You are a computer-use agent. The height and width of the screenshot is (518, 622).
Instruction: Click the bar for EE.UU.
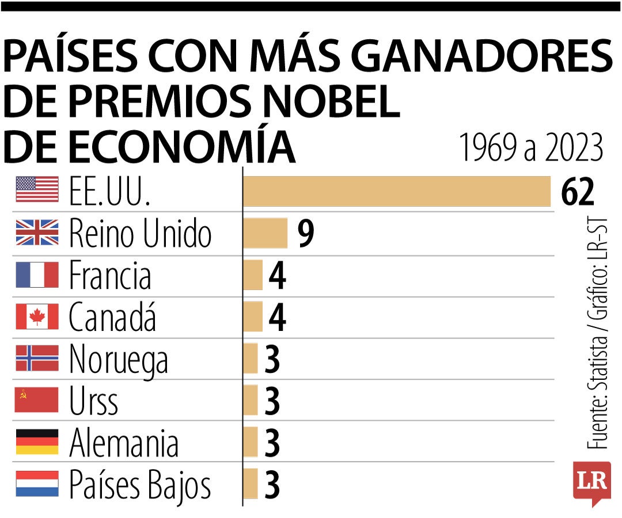click(x=396, y=191)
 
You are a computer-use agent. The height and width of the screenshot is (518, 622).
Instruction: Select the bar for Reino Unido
click(x=265, y=233)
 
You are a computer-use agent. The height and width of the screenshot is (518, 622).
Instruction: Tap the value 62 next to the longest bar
click(x=578, y=192)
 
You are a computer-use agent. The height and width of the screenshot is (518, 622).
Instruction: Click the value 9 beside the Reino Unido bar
click(x=306, y=234)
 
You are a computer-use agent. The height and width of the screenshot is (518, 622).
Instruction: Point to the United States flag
click(x=37, y=189)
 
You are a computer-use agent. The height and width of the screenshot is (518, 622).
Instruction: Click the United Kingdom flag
click(x=37, y=232)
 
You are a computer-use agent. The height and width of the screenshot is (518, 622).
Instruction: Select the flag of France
click(x=37, y=275)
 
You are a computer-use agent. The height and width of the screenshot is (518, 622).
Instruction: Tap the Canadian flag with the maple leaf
click(x=37, y=317)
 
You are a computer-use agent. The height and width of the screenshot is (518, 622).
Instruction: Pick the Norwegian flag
click(x=37, y=358)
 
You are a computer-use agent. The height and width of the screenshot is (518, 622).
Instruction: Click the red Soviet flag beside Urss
click(x=37, y=400)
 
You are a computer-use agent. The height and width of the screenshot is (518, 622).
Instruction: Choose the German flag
click(x=37, y=442)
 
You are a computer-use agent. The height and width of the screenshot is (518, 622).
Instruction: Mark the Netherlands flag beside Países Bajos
click(x=37, y=484)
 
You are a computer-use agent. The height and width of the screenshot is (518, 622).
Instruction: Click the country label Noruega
click(x=119, y=360)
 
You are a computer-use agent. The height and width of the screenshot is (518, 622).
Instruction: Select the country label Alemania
click(x=124, y=443)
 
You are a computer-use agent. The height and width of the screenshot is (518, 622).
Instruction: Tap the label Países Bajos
click(x=140, y=485)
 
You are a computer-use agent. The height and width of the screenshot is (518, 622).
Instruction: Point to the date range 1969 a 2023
click(x=530, y=148)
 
